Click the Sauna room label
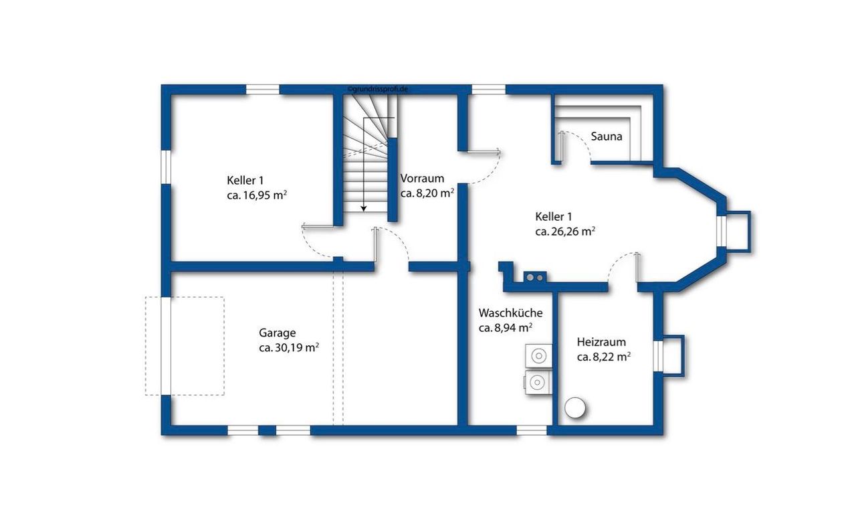coord(607,137)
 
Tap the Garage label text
coord(277,333)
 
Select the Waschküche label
coord(510,313)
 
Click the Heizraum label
coord(601,342)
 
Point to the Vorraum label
coord(422,179)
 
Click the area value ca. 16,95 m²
coord(257,195)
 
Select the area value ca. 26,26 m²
coord(565,232)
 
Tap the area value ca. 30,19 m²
coord(289,348)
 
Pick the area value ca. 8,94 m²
coord(506,328)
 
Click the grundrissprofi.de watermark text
coord(378,89)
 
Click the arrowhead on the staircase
coord(364,208)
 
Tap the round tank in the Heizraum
coord(574,408)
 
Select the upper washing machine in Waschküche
coord(538,356)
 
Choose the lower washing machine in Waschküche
coord(537,382)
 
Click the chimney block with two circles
coord(534,277)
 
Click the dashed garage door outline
coord(185,346)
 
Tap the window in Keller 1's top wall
coord(263,90)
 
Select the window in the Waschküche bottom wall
coord(532,430)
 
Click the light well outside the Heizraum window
coord(673,356)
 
